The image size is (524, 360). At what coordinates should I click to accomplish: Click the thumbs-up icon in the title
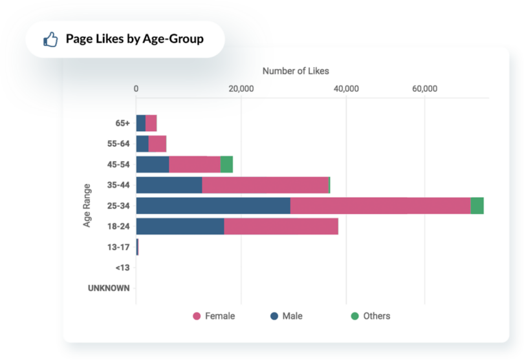pos(50,39)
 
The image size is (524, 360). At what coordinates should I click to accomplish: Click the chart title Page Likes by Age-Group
pos(135,39)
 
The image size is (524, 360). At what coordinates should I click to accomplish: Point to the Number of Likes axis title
pos(295,71)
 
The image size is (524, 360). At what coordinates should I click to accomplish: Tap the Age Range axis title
pos(87,206)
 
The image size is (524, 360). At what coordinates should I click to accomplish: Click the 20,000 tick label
pos(241,89)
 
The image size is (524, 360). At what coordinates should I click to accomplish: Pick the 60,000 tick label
pos(424,89)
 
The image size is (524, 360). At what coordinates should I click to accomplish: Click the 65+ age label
pos(122,123)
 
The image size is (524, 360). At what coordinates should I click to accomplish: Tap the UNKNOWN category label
pos(109,288)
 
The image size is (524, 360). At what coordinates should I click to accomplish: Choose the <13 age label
pos(122,268)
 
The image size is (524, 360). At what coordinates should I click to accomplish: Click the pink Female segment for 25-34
pos(380,206)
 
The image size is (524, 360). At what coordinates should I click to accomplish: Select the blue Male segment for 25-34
pos(213,206)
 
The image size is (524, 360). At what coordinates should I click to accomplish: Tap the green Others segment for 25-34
pos(477,206)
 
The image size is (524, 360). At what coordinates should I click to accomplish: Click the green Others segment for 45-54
pos(226,164)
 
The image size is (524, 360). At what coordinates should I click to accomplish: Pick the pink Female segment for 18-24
pos(281,226)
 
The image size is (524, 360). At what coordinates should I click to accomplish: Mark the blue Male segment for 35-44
pos(169,185)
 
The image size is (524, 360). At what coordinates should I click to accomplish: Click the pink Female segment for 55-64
pos(157,143)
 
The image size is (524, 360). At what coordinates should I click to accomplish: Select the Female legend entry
pos(213,316)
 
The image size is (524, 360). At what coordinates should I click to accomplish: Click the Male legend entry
pos(286,316)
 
